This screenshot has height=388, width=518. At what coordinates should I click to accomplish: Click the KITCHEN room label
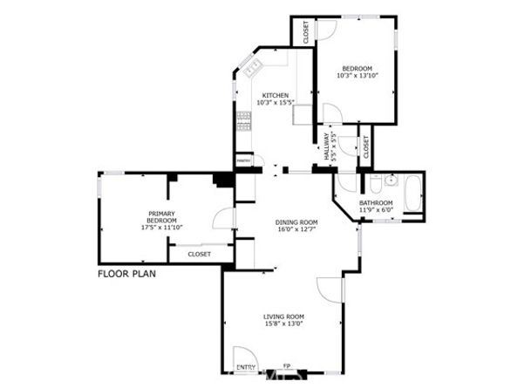pyautogui.click(x=275, y=96)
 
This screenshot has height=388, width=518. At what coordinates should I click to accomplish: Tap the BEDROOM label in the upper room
pyautogui.click(x=357, y=69)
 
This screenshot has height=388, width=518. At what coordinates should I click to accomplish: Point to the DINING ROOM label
pyautogui.click(x=297, y=221)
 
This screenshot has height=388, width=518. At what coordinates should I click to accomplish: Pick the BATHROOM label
pyautogui.click(x=376, y=203)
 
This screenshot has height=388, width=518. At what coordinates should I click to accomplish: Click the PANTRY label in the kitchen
pyautogui.click(x=244, y=160)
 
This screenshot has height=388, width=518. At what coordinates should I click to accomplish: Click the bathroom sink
pyautogui.click(x=390, y=181)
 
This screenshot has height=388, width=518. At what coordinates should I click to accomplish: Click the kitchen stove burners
pyautogui.click(x=242, y=121)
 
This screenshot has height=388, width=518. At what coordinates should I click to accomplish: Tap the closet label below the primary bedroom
pyautogui.click(x=200, y=254)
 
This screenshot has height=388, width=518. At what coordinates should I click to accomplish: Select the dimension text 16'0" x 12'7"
pyautogui.click(x=297, y=229)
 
